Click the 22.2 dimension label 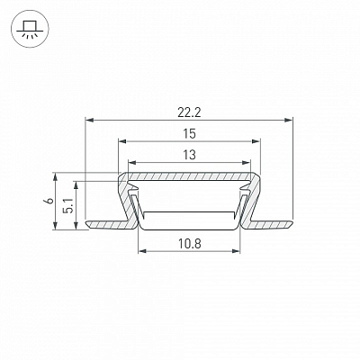189,112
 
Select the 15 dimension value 189,134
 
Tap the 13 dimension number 189,155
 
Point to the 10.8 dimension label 189,244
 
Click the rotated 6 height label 50,201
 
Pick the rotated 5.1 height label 69,205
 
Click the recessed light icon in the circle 29,29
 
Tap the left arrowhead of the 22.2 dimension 90,121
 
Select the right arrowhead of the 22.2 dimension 288,121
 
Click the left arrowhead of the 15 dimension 122,141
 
